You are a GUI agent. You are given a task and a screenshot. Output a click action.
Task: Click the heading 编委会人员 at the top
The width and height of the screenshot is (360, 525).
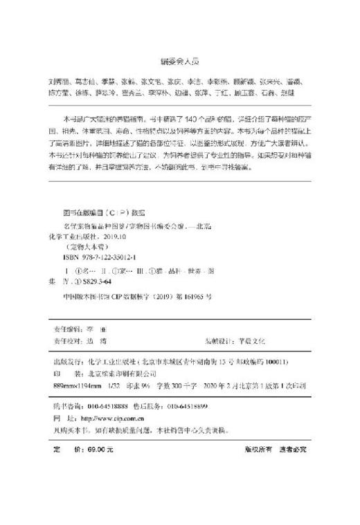179,59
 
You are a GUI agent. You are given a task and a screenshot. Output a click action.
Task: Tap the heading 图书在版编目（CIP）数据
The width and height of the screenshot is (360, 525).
100,215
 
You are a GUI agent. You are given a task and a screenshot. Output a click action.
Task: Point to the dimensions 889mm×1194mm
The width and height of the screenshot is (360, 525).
78,385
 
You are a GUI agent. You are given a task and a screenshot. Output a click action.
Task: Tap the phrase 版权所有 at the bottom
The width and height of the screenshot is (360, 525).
257,448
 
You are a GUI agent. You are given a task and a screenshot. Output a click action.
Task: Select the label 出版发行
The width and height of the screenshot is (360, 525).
70,362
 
